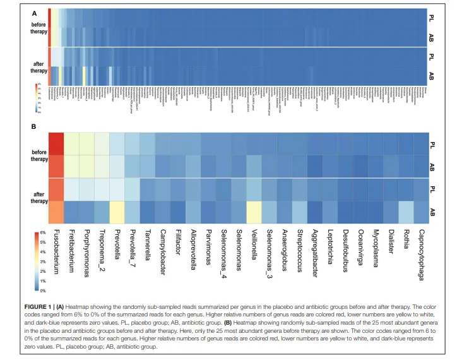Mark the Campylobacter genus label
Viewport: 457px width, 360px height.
[163, 251]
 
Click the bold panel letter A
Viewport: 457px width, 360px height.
[34, 12]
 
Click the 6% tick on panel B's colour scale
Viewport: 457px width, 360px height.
[43, 233]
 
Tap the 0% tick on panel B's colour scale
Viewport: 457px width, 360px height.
[43, 291]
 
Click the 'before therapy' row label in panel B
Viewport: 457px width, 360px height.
[39, 155]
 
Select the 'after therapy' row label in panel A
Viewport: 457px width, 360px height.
[39, 67]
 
